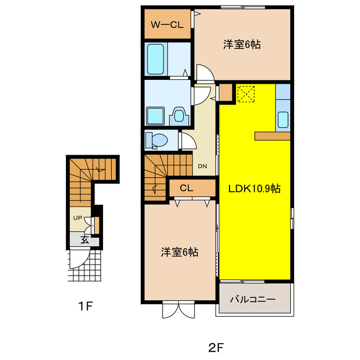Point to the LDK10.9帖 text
(254, 189)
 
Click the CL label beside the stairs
(187, 188)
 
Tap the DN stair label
(202, 166)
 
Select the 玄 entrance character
(84, 239)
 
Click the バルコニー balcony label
(253, 299)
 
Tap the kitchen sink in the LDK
(283, 119)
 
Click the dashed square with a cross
(246, 94)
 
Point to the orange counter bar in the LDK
(272, 136)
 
